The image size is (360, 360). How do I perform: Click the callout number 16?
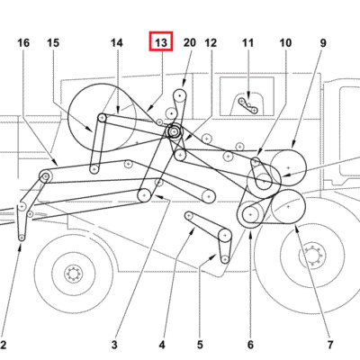click(23, 43)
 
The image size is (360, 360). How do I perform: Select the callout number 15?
click(53, 43)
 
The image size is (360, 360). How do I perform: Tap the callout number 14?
click(117, 43)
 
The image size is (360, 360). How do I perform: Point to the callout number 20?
click(190, 43)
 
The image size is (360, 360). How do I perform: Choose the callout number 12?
click(211, 43)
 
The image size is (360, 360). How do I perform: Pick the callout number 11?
click(247, 43)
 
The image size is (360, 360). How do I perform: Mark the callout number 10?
click(285, 43)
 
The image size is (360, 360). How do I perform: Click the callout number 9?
click(323, 43)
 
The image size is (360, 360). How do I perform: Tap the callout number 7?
click(330, 345)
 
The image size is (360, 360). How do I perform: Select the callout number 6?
click(250, 345)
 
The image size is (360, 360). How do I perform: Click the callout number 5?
click(200, 345)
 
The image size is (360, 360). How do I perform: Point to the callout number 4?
click(162, 345)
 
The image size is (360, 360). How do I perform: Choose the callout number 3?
click(114, 345)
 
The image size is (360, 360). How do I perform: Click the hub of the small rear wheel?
click(73, 274)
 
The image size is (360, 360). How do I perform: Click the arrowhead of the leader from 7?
click(297, 229)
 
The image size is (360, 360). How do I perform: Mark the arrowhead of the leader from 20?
click(184, 83)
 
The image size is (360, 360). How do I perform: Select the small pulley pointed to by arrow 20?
click(180, 96)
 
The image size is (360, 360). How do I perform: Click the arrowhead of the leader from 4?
click(193, 230)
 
